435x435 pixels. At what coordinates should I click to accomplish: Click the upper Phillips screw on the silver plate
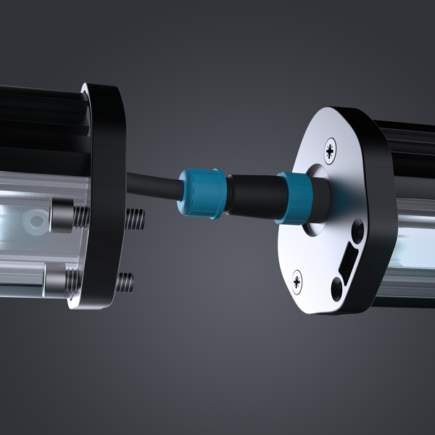coord(331,150)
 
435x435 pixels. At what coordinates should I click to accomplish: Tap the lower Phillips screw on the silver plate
coord(297,280)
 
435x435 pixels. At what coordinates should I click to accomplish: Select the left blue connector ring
coord(196,192)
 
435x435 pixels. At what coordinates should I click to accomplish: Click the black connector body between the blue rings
coord(251,194)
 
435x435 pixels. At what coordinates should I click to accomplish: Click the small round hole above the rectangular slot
coord(356,232)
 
